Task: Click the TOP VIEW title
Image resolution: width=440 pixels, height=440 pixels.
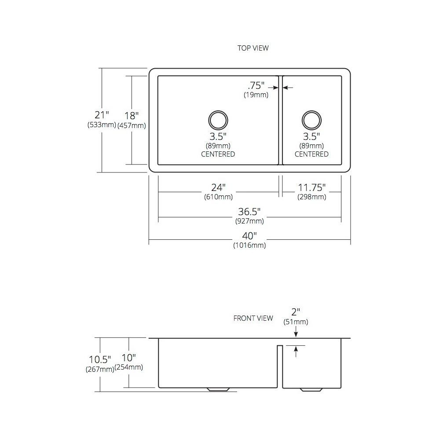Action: pyautogui.click(x=253, y=48)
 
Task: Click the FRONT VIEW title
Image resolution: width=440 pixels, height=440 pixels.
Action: pyautogui.click(x=253, y=318)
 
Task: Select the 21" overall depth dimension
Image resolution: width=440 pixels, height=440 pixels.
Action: pyautogui.click(x=102, y=115)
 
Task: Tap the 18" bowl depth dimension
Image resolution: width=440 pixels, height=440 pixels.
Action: pyautogui.click(x=131, y=115)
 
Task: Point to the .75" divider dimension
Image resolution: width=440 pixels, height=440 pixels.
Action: pyautogui.click(x=256, y=85)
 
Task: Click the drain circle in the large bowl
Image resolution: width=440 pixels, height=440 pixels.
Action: pyautogui.click(x=218, y=120)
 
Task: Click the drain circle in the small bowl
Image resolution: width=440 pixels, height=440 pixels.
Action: pyautogui.click(x=312, y=120)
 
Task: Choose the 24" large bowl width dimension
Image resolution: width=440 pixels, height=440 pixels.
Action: pyautogui.click(x=218, y=187)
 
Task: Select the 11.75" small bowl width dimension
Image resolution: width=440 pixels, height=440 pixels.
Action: pyautogui.click(x=312, y=187)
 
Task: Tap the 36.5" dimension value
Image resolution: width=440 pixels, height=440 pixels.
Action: pyautogui.click(x=249, y=211)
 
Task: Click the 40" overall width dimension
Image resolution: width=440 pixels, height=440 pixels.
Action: pyautogui.click(x=249, y=236)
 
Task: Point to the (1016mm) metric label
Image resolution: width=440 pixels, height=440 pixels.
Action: pyautogui.click(x=249, y=245)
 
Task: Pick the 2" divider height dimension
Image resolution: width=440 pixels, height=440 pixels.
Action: pyautogui.click(x=296, y=312)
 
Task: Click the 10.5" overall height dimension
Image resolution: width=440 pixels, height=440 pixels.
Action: pyautogui.click(x=100, y=359)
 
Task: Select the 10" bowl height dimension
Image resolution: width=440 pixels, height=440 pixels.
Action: pyautogui.click(x=128, y=357)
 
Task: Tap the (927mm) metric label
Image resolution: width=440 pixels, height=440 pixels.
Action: pyautogui.click(x=249, y=221)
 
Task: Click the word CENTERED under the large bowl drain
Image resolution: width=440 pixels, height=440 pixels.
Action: pyautogui.click(x=218, y=154)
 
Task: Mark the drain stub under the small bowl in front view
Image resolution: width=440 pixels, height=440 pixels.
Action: pyautogui.click(x=311, y=390)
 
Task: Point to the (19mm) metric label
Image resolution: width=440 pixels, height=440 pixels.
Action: pyautogui.click(x=256, y=95)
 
